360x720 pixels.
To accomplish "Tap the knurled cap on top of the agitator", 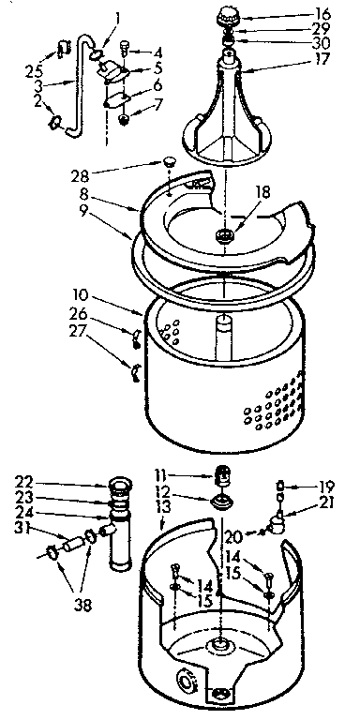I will (230, 16).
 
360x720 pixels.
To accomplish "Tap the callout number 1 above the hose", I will (118, 16).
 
